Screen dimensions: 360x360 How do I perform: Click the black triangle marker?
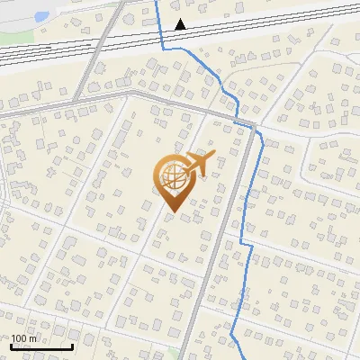pyautogui.click(x=181, y=24)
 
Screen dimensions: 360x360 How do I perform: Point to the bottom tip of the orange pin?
pyautogui.click(x=171, y=211)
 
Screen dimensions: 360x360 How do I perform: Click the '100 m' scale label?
pyautogui.click(x=24, y=338)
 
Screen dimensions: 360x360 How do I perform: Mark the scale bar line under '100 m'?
pyautogui.click(x=41, y=346)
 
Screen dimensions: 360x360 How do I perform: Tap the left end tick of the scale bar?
pyautogui.click(x=12, y=345)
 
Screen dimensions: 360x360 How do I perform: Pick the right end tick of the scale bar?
pyautogui.click(x=72, y=345)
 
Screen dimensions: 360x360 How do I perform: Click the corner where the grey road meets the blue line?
pyautogui.click(x=254, y=123)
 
